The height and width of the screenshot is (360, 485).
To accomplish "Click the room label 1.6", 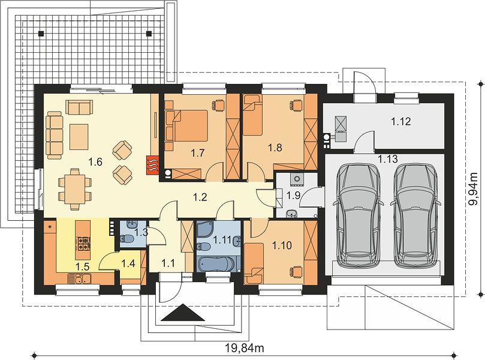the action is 95,161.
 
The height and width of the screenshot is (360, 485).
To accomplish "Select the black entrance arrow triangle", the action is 183,313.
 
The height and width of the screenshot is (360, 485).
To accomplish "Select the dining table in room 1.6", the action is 74,189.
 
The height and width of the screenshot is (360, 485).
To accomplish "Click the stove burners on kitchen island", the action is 83,244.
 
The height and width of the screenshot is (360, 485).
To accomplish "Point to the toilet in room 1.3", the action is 127,238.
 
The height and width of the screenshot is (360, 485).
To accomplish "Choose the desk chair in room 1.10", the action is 295,271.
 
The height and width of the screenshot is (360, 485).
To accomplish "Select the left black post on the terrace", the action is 41,33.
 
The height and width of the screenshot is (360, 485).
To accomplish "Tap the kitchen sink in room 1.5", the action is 79,280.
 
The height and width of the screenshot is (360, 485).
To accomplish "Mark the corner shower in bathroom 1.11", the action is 205,230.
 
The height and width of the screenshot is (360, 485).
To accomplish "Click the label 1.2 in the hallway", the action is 200,197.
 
